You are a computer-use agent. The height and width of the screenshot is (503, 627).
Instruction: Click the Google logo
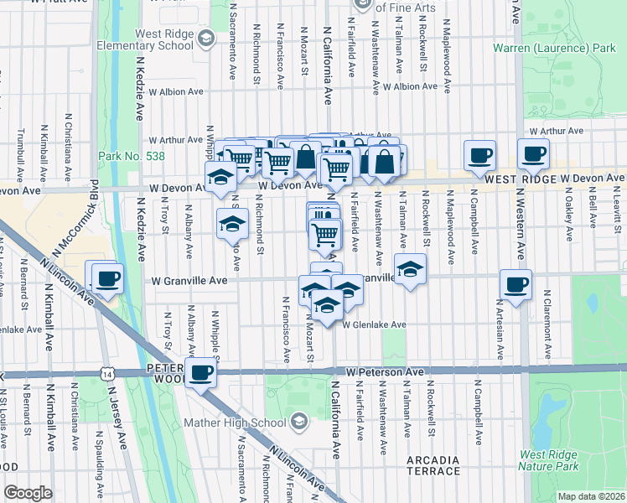28,493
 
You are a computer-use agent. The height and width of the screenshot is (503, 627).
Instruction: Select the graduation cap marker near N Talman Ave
410,269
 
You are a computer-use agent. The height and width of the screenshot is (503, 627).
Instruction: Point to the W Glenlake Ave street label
375,324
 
